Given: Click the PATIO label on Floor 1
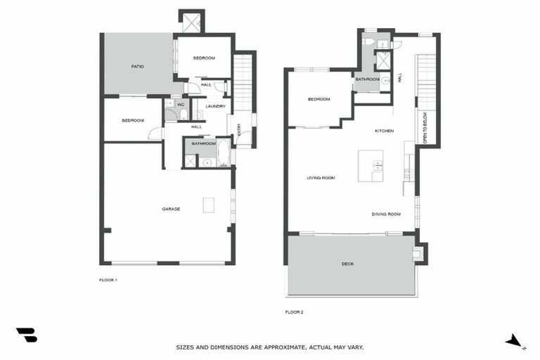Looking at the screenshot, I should [x=138, y=67].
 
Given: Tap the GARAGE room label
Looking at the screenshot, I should [x=171, y=209].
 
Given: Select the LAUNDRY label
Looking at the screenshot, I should [x=215, y=106].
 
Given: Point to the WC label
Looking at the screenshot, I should [x=181, y=105].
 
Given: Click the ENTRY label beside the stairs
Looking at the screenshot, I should [x=239, y=130].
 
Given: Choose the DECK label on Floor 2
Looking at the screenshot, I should [x=347, y=264].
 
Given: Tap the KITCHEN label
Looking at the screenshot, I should [x=384, y=131].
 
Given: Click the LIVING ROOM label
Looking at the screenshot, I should [x=321, y=178].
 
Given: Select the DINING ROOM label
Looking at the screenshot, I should [x=386, y=214].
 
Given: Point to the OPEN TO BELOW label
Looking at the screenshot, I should [x=425, y=127].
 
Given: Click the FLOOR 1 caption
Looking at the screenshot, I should [x=108, y=280].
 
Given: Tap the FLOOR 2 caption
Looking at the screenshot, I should [x=294, y=311].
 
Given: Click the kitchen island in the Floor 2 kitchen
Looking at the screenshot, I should [x=371, y=166].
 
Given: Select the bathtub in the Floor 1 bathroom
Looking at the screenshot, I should [x=223, y=152].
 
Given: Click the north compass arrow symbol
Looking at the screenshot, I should [x=515, y=341].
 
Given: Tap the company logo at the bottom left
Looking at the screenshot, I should [x=27, y=335].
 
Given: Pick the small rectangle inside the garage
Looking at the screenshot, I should [x=209, y=205].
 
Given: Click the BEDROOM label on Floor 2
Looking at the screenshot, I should [x=319, y=99].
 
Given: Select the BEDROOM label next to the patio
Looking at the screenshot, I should [x=203, y=57].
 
